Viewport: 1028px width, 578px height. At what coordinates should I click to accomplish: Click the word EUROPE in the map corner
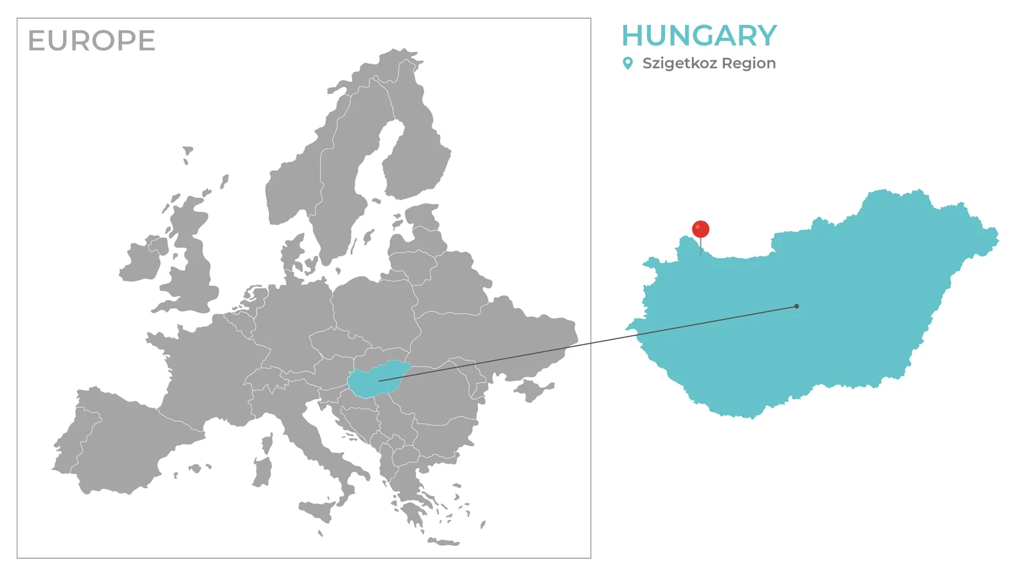(x=91, y=41)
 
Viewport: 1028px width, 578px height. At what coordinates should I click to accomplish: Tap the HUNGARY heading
(x=699, y=36)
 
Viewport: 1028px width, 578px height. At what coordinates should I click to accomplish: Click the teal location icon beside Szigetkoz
(x=628, y=63)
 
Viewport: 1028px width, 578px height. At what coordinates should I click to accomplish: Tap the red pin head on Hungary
(x=700, y=229)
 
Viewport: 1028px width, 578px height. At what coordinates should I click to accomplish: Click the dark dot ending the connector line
(x=797, y=306)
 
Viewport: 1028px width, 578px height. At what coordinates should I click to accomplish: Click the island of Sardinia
(x=262, y=472)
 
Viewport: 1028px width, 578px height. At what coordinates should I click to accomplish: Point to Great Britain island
(x=193, y=257)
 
